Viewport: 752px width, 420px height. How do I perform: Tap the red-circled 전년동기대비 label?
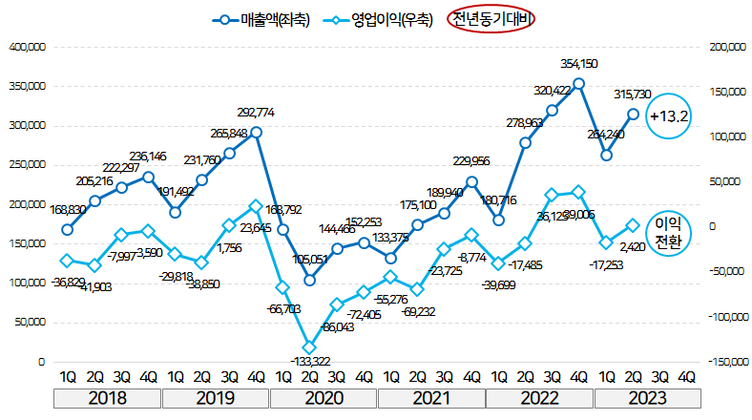492,19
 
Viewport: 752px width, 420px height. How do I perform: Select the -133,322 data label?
309,361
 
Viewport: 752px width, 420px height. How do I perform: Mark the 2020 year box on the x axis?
324,399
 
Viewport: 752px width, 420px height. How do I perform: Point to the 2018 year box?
108,399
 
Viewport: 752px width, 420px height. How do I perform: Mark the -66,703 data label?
282,308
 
